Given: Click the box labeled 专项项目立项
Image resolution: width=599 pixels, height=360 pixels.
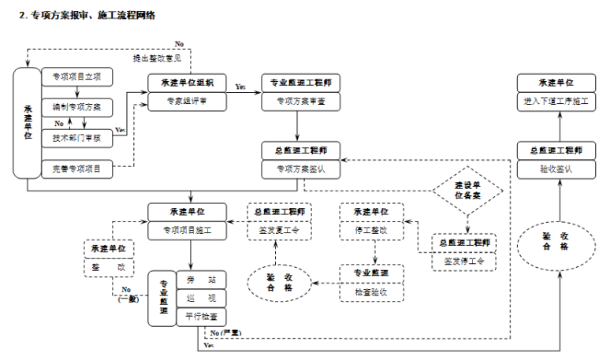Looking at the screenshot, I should [x=76, y=77].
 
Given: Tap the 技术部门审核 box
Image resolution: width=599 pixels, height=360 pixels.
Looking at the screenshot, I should [x=76, y=137].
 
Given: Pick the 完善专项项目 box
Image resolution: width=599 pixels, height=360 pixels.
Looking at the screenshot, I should [x=76, y=168].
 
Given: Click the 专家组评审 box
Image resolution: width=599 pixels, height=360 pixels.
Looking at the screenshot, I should [x=188, y=101].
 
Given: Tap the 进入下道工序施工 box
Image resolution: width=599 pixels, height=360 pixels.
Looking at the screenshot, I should [x=556, y=101].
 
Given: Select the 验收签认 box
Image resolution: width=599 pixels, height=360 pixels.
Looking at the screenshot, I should [x=556, y=168].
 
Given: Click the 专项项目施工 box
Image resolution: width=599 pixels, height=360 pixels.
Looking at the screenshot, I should [x=188, y=231].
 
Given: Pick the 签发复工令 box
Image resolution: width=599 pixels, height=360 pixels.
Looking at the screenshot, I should [x=279, y=231].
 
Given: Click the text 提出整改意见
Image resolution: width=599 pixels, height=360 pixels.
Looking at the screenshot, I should [x=156, y=58].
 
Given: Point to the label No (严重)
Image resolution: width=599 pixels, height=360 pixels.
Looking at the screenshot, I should [x=225, y=334].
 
